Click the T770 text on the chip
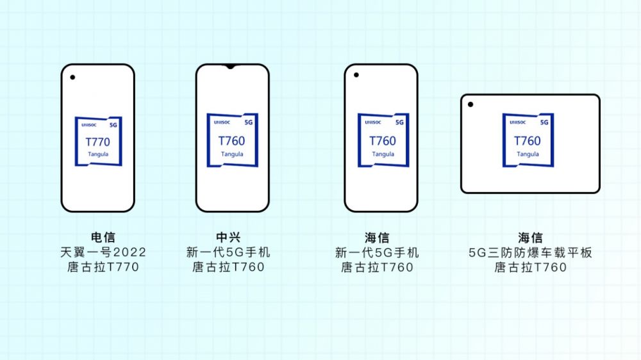(x=97, y=142)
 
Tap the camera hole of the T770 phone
(x=72, y=78)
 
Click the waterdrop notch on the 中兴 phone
(x=231, y=66)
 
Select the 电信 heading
(x=103, y=238)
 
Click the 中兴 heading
(x=228, y=238)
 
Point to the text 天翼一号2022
(x=103, y=252)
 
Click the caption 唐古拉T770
(x=103, y=267)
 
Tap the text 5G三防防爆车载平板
(x=530, y=252)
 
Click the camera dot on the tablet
(x=470, y=104)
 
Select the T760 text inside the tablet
(x=528, y=141)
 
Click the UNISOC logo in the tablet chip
(x=517, y=122)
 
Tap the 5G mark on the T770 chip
(x=113, y=125)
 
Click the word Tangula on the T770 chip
(x=98, y=154)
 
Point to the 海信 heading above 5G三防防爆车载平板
(x=530, y=238)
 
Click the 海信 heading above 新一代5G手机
(x=377, y=238)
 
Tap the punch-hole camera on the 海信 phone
(x=356, y=75)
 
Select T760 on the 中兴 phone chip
(x=232, y=141)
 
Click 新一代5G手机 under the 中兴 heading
(x=228, y=252)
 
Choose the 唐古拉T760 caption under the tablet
(x=530, y=267)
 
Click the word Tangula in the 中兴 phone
(x=232, y=154)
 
